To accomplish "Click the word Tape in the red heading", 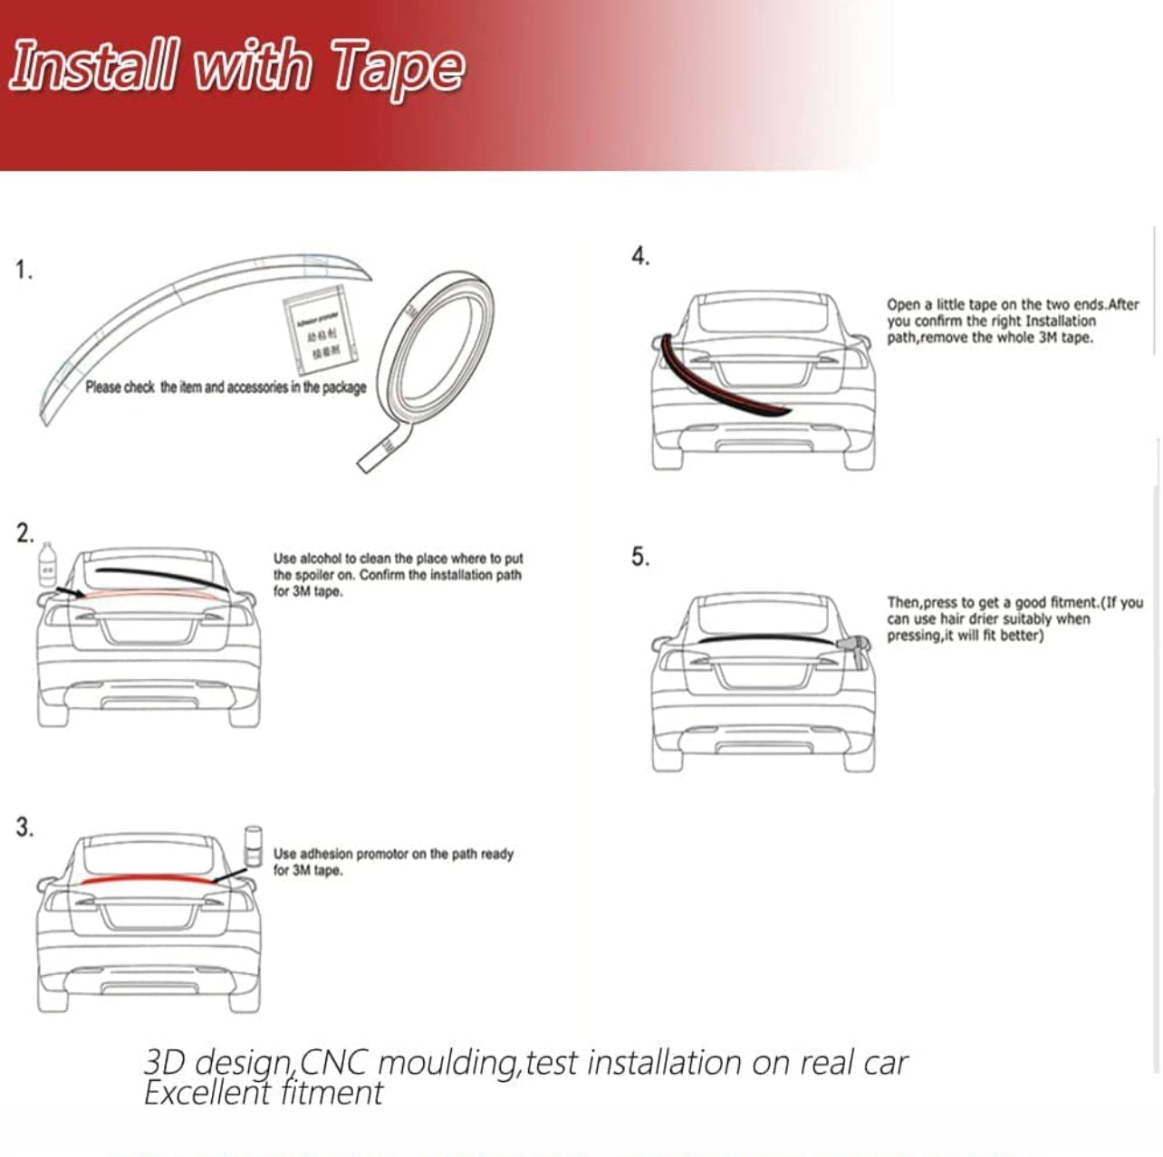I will tap(398, 67).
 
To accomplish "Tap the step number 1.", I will tap(24, 270).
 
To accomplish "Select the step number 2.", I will tap(24, 533).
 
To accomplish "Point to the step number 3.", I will tap(24, 827).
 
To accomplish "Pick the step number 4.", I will tap(640, 256).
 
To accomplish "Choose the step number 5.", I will tap(640, 556).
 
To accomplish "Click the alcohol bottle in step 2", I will tap(47, 564).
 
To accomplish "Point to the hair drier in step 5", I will tap(854, 645).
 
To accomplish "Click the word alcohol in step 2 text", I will tap(321, 559).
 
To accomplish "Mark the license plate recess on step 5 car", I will tap(764, 676).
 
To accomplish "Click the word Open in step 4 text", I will tap(903, 304).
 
